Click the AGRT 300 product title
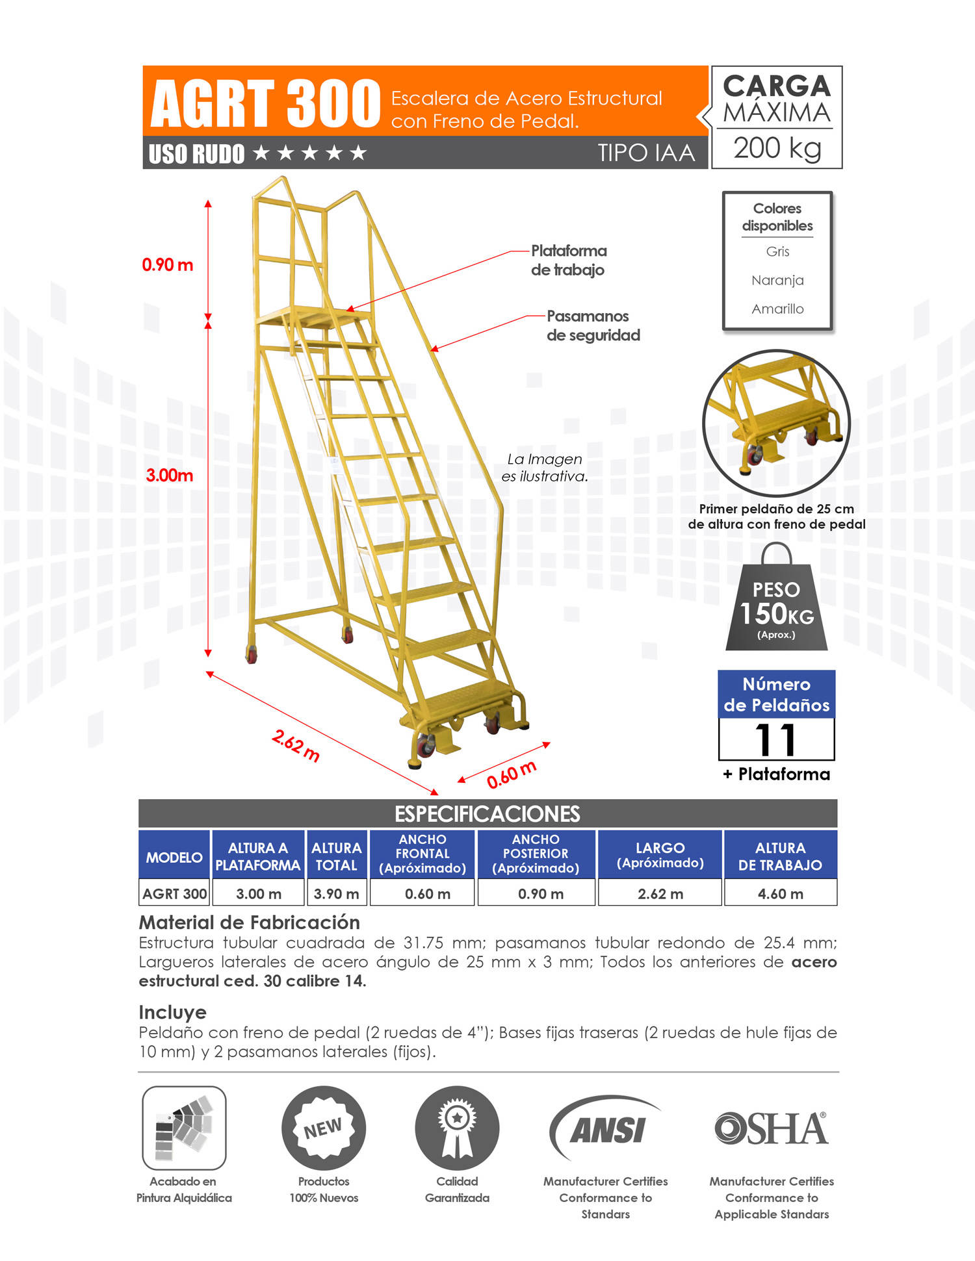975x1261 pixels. pyautogui.click(x=265, y=103)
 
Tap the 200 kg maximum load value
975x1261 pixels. pyautogui.click(x=777, y=148)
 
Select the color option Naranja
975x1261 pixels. pyautogui.click(x=777, y=280)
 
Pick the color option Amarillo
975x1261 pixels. pyautogui.click(x=777, y=309)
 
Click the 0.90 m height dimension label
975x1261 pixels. pyautogui.click(x=168, y=265)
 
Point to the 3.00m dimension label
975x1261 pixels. pyautogui.click(x=169, y=475)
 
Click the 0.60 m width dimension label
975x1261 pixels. pyautogui.click(x=512, y=774)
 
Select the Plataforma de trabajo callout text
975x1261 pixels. pyautogui.click(x=568, y=260)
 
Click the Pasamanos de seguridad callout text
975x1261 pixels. pyautogui.click(x=593, y=325)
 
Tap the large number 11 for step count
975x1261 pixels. pyautogui.click(x=776, y=739)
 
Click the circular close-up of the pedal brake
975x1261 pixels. pyautogui.click(x=776, y=423)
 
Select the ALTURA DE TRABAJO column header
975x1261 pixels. pyautogui.click(x=780, y=856)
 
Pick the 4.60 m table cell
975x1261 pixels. pyautogui.click(x=780, y=894)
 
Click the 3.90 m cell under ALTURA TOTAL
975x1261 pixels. pyautogui.click(x=336, y=894)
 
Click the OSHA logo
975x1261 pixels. pyautogui.click(x=771, y=1128)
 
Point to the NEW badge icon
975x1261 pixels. pyautogui.click(x=324, y=1128)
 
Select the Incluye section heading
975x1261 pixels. pyautogui.click(x=172, y=1012)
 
